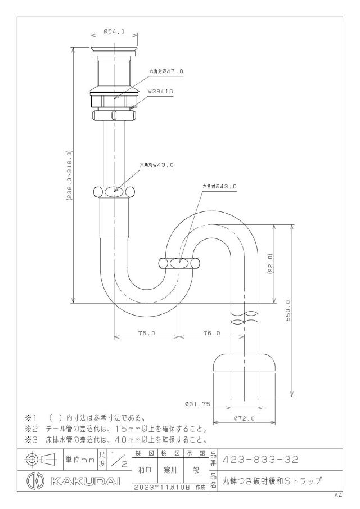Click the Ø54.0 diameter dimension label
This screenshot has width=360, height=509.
(x=114, y=31)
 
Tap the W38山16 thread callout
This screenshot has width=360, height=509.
(x=160, y=92)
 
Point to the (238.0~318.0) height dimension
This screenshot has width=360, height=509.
(x=69, y=175)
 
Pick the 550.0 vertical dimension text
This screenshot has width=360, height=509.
(x=288, y=310)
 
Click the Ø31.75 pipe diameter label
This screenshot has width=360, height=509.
(x=197, y=404)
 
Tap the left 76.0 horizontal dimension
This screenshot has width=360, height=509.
(x=147, y=333)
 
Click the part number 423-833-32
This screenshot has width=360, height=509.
(x=260, y=460)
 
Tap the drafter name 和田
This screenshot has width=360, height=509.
(x=145, y=470)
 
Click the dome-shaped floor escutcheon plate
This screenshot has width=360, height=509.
(x=244, y=362)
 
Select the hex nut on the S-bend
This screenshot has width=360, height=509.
(x=179, y=263)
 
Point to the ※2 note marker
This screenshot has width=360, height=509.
(x=32, y=429)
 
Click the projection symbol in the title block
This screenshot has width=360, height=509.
(x=39, y=460)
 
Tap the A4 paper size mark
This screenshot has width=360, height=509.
(x=339, y=496)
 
